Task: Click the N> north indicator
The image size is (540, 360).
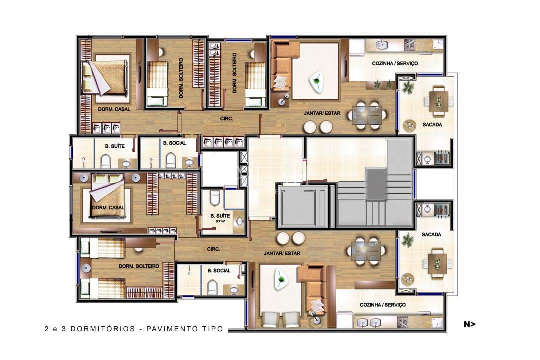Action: [x=469, y=324]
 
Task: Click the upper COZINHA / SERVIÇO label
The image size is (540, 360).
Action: [x=395, y=64]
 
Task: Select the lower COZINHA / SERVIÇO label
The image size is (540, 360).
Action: [x=383, y=304]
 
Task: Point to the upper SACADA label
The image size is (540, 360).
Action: [x=432, y=125]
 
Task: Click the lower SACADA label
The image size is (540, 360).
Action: [x=431, y=234]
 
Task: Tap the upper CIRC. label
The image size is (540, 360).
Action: [x=227, y=119]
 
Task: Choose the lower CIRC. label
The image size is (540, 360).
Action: [x=214, y=248]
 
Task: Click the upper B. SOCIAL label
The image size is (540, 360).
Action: [x=174, y=143]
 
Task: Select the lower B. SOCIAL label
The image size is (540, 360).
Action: [x=219, y=270]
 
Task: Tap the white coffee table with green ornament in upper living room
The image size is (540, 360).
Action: [x=316, y=80]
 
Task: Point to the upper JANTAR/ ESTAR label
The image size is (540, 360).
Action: [x=322, y=113]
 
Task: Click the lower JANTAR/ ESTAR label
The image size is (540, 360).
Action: [x=282, y=253]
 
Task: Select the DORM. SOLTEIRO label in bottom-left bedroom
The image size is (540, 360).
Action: [x=139, y=266]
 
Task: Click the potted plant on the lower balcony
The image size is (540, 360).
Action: [x=408, y=241]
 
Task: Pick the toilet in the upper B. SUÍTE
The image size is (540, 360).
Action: [x=105, y=161]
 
